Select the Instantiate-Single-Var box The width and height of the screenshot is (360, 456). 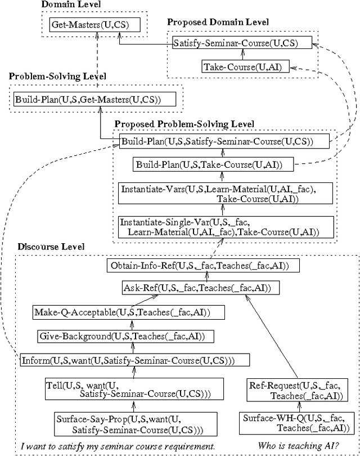(226, 227)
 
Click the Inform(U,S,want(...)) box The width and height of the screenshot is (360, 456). (135, 359)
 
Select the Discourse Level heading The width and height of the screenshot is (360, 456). (51, 247)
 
